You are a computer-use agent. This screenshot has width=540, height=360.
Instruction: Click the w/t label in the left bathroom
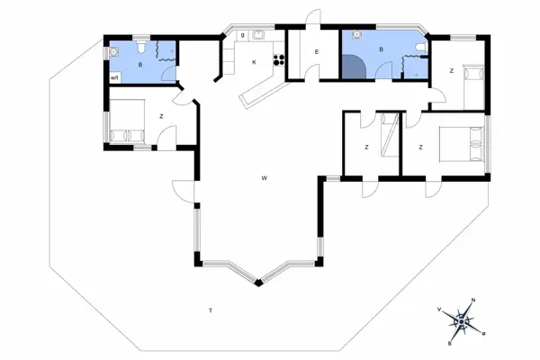pos(114,79)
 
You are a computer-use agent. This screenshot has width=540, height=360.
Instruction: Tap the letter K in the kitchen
pos(255,62)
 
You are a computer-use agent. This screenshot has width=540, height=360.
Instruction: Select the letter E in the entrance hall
pos(317,53)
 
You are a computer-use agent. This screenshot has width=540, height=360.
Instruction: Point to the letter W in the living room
pos(265,178)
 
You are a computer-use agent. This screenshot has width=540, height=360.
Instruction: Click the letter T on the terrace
pos(210,310)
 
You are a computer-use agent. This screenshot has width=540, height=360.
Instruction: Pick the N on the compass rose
pos(473,301)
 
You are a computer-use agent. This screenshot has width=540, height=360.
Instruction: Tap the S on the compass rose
pos(448,342)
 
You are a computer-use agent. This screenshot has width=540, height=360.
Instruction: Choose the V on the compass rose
pos(439,309)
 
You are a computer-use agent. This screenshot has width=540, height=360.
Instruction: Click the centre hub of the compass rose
pos(462,321)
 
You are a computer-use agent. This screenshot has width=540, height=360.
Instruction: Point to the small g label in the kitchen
pos(243,36)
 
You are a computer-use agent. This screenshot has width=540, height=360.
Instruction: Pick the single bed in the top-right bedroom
pos(472,84)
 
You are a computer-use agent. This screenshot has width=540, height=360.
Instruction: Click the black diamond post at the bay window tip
pos(259,284)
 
